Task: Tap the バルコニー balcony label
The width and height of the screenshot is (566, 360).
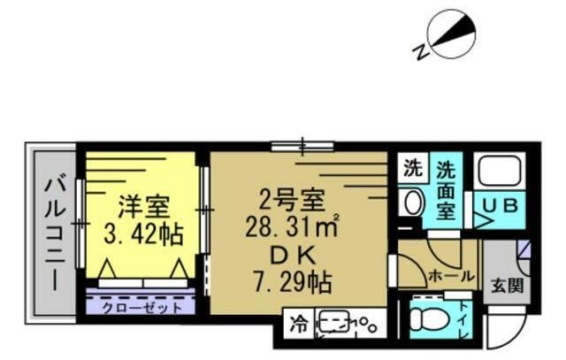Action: (x=52, y=234)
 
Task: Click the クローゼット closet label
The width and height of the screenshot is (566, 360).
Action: (x=141, y=307)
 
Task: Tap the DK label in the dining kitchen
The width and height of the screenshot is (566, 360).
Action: (x=291, y=255)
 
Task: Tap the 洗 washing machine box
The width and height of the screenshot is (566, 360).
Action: (x=411, y=165)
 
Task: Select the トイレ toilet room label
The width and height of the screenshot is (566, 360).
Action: (x=465, y=318)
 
